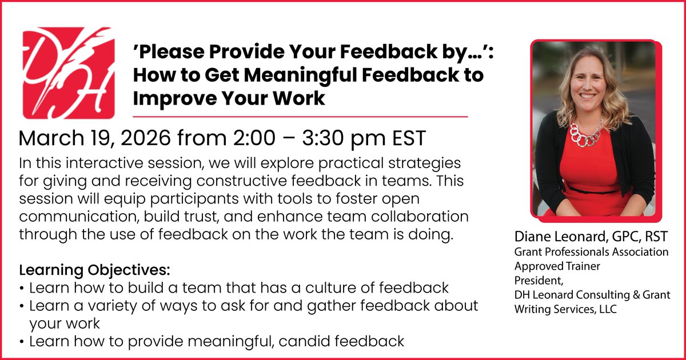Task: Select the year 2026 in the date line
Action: point(139,139)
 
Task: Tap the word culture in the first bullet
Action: point(327,287)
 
